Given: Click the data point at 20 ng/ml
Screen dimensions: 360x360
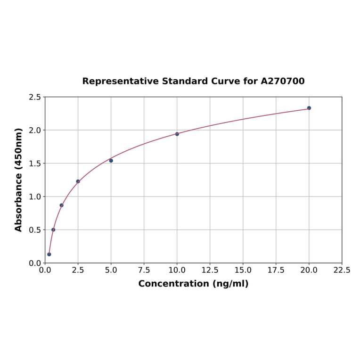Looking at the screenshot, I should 309,108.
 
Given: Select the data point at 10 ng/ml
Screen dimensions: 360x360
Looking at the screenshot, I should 177,134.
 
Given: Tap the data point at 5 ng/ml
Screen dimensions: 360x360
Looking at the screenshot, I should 111,161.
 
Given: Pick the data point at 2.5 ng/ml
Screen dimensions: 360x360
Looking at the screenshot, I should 78,181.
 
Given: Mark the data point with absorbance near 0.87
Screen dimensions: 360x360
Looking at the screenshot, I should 62,205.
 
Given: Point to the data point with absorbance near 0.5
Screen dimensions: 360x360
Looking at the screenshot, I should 53,230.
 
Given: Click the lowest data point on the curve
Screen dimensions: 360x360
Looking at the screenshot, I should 49,254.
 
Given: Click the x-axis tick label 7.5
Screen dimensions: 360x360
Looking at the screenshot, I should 144,270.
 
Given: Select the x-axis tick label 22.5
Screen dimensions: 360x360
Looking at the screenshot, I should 342,270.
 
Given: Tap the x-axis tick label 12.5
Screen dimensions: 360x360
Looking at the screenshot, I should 210,270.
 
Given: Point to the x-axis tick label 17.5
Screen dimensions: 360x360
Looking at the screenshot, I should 276,270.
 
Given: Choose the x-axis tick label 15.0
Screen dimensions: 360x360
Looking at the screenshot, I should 243,270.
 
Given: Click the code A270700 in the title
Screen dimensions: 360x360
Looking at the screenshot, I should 283,81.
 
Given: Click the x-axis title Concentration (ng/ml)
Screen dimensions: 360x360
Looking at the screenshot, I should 193,284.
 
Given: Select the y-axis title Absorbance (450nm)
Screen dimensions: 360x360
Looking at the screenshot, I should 19,180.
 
